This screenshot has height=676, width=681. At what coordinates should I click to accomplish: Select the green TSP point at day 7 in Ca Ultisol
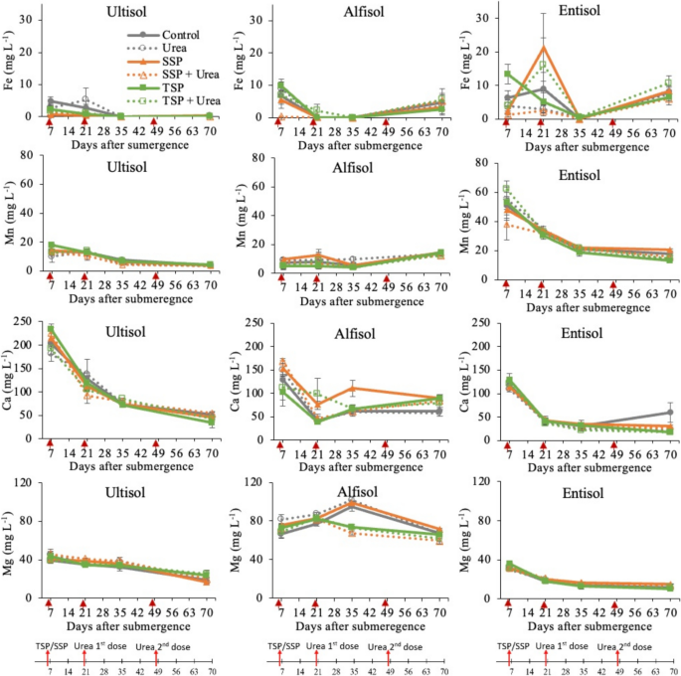pyautogui.click(x=51, y=328)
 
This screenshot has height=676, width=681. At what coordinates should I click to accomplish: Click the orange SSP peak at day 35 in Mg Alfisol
pyautogui.click(x=352, y=502)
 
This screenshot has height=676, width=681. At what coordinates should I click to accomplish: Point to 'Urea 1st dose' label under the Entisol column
pyautogui.click(x=563, y=646)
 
